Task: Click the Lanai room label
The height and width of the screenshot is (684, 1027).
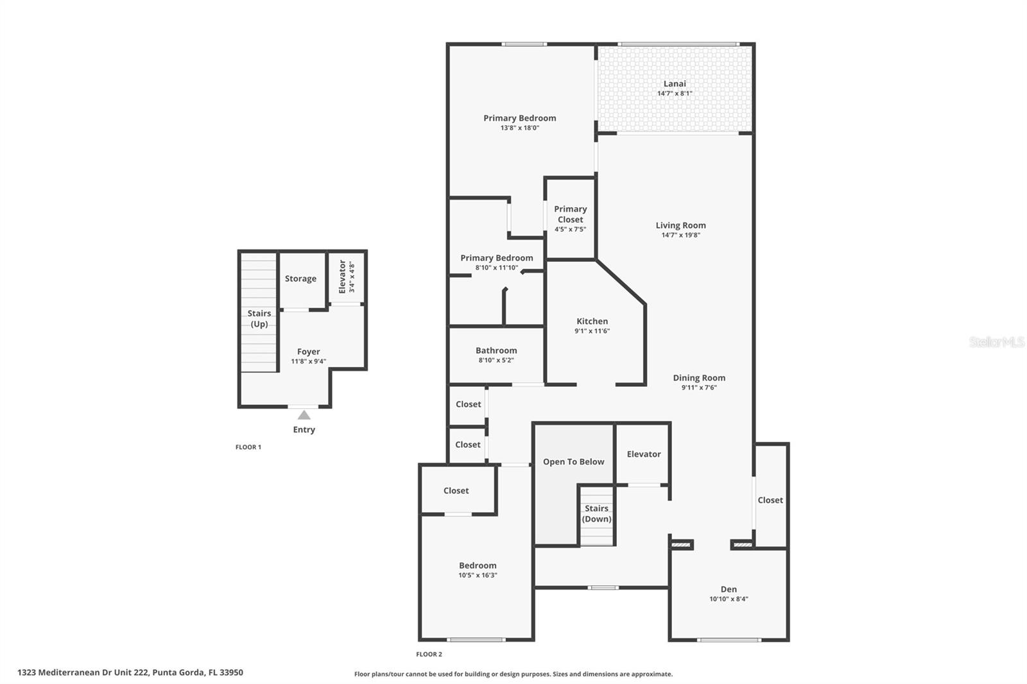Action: click(x=675, y=83)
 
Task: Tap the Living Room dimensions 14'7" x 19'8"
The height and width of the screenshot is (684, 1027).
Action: click(x=680, y=235)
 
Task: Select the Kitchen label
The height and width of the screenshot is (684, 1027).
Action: click(x=592, y=321)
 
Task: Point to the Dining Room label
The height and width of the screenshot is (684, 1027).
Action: click(x=699, y=378)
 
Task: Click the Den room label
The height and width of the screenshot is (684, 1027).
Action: click(x=729, y=589)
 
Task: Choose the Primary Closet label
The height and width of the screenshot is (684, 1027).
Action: click(x=570, y=214)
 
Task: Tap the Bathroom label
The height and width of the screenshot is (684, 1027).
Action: click(x=496, y=350)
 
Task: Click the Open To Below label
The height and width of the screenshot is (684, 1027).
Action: click(x=573, y=462)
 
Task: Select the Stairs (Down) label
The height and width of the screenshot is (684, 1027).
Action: click(x=596, y=514)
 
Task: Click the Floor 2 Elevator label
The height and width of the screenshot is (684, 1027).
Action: click(x=643, y=454)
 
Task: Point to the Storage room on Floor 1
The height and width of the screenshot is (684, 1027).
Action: click(x=300, y=279)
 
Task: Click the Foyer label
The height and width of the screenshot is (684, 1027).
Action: click(x=308, y=352)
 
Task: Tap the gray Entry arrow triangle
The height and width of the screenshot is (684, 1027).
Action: click(x=304, y=415)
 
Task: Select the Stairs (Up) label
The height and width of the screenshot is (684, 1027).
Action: click(x=259, y=319)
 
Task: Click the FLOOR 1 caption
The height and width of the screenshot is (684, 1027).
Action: click(x=248, y=447)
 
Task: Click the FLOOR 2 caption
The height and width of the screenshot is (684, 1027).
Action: click(x=429, y=654)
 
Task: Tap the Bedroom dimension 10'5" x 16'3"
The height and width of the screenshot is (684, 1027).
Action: click(x=478, y=576)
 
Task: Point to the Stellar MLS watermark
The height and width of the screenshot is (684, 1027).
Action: click(x=996, y=343)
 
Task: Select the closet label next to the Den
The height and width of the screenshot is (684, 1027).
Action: click(x=770, y=500)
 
